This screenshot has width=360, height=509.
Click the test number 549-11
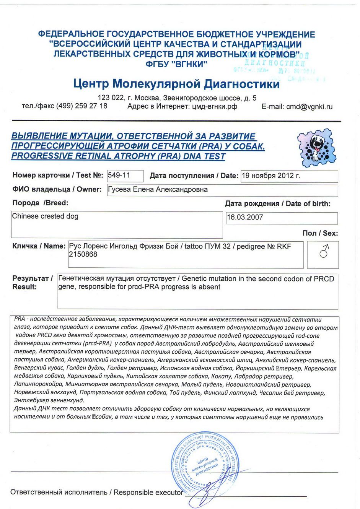(119, 176)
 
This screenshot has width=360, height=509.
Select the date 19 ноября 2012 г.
(271, 176)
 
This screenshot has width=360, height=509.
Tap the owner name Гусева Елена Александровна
(158, 190)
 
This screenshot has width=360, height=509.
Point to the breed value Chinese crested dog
(45, 216)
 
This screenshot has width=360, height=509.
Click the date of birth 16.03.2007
(245, 218)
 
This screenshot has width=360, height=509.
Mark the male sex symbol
(324, 252)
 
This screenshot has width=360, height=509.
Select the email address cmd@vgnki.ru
(309, 107)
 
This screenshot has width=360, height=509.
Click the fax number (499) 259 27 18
(82, 106)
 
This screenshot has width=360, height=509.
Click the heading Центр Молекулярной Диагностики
(176, 84)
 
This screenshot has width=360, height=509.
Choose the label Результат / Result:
(32, 283)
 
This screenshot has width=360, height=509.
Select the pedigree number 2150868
(83, 254)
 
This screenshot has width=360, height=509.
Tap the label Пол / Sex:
(320, 233)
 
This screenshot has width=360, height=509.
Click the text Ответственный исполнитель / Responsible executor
(96, 493)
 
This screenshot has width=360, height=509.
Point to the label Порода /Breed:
(40, 203)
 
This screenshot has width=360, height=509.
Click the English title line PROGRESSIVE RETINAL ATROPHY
(118, 156)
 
